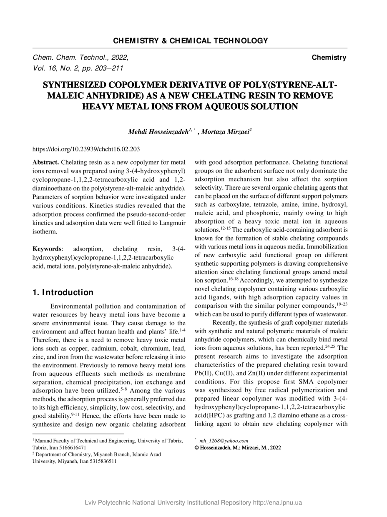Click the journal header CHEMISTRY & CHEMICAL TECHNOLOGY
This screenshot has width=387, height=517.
click(x=191, y=41)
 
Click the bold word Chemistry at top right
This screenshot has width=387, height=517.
click(x=329, y=58)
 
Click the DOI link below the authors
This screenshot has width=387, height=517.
click(x=86, y=149)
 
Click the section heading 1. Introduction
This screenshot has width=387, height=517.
click(x=63, y=292)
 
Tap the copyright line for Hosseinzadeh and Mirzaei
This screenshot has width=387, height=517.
click(x=238, y=448)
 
